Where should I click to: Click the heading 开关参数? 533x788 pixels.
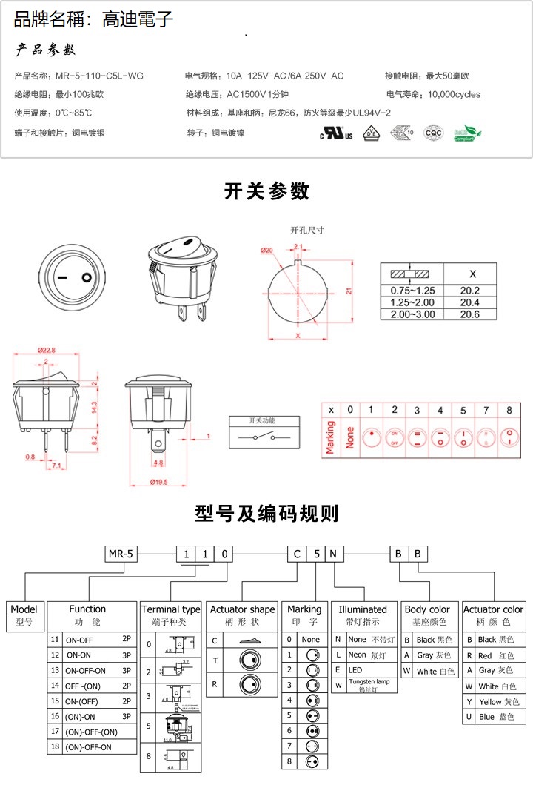266,191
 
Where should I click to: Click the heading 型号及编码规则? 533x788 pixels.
266,513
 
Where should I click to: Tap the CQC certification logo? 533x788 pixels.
432,133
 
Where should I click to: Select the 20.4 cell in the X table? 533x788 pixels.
469,302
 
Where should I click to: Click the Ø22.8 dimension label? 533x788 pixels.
46,351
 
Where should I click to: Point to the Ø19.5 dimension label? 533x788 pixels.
158,482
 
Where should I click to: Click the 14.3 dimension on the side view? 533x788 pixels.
94,408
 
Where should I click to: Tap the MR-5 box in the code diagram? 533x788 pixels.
120,554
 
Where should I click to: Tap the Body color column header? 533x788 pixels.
427,609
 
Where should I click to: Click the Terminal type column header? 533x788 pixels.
170,609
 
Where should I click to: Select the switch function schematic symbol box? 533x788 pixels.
265,434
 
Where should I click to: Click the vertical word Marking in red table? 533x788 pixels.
330,438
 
